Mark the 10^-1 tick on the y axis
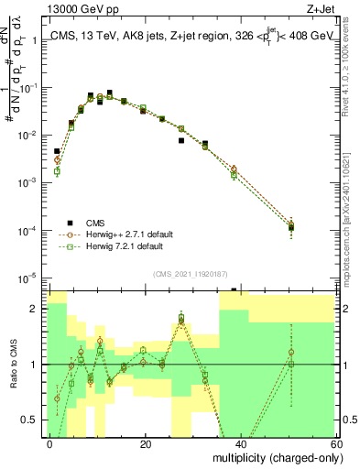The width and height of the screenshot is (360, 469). click(x=28, y=88)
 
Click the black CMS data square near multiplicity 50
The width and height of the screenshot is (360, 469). click(x=290, y=227)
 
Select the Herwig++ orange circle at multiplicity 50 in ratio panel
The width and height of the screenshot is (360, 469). click(x=290, y=352)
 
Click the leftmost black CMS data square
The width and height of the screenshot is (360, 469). click(x=57, y=151)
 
